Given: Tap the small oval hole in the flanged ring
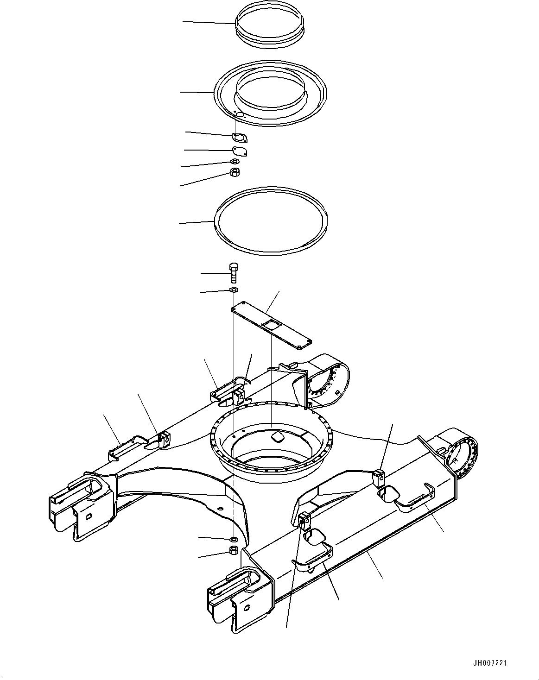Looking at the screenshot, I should tap(240, 114).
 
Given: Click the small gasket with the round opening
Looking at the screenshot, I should tap(239, 137).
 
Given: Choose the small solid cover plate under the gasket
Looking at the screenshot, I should tap(239, 151).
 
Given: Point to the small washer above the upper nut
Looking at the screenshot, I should tap(235, 162).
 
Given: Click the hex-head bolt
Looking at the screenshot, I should tap(234, 273).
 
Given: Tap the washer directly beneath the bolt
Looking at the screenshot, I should tap(234, 290).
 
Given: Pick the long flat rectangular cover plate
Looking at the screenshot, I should tap(271, 324).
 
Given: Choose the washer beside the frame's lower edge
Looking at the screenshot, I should tap(234, 539).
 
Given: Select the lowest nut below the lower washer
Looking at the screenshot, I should tap(234, 551).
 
